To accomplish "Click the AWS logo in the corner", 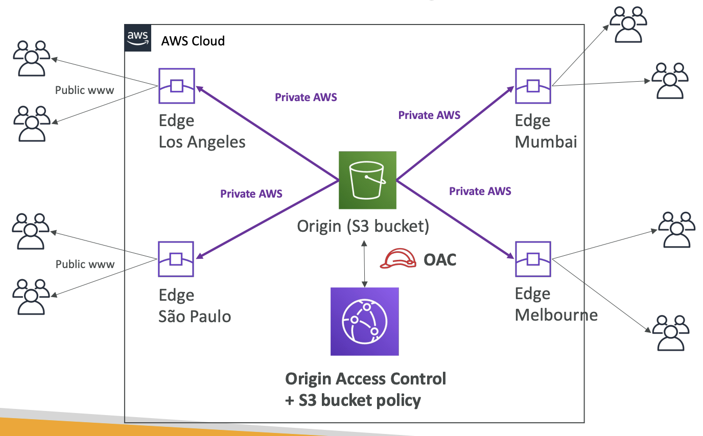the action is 138,38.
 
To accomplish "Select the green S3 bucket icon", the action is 367,180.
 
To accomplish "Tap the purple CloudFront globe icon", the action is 365,322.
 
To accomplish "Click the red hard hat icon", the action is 398,258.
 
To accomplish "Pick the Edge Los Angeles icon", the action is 177,86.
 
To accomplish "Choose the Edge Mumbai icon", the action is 533,86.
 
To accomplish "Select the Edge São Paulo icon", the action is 176,259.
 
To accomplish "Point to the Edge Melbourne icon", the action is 533,259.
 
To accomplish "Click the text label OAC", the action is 440,260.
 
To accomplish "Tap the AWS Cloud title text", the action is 193,41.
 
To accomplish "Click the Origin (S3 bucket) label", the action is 363,226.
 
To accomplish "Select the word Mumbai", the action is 546,142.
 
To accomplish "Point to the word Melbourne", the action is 556,315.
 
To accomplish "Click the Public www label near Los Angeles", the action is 84,90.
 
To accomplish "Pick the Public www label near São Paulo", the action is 85,264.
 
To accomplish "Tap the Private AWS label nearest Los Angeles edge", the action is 306,97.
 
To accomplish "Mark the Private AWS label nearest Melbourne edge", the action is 480,191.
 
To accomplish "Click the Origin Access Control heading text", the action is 366,379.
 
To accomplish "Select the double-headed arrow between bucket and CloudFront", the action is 364,264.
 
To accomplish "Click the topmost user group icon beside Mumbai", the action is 628,25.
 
